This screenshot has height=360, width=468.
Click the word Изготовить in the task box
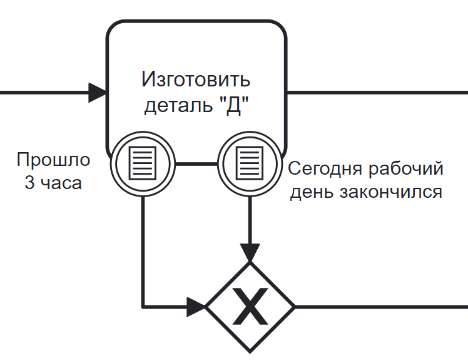coord(196,79)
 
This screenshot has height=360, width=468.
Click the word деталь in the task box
coord(178,105)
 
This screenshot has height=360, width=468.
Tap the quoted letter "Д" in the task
coord(234,105)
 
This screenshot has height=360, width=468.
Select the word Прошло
coord(53,160)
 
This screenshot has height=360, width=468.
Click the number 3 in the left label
coord(29,182)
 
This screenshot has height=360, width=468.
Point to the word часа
coord(61,183)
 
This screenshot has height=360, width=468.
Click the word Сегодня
coord(326,169)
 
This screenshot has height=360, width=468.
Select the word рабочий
coord(406,169)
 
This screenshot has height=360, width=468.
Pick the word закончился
coord(391,192)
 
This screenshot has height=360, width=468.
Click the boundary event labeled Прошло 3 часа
coord(143,163)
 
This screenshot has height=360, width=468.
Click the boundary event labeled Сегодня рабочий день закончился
coord(250,163)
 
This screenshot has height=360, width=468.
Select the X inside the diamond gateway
coord(250,307)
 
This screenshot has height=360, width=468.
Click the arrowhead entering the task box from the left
coord(98,93)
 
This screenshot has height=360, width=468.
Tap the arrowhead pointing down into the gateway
coord(250,253)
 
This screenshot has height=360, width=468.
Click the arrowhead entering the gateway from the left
coord(196,307)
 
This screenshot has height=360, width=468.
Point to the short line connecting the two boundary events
coord(196,163)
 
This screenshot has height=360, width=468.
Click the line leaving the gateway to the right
coord(381,307)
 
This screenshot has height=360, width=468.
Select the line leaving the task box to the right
coord(377,93)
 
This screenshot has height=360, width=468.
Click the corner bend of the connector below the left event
coord(143,307)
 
